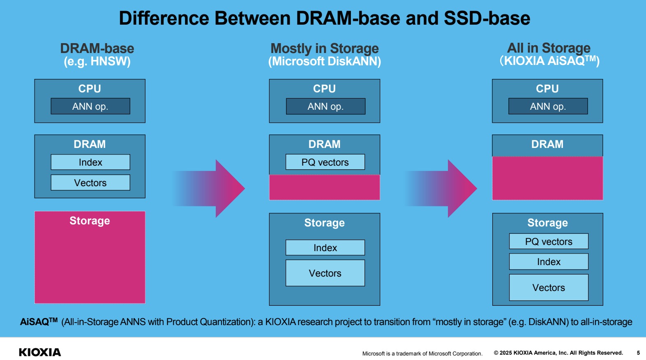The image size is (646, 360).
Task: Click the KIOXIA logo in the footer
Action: [x=40, y=352]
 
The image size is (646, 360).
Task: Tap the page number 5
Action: [x=638, y=353]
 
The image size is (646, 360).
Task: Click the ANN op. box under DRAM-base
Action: [x=90, y=106]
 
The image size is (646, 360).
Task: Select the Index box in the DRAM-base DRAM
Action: [x=90, y=162]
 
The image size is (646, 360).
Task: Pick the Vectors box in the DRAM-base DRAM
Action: [x=90, y=183]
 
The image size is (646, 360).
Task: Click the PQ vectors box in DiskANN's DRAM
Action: [x=325, y=162]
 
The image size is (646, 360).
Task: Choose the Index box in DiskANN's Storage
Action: [x=325, y=248]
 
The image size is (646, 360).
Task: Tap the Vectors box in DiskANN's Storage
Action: [x=325, y=273]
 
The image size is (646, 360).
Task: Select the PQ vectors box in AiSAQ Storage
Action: [x=549, y=242]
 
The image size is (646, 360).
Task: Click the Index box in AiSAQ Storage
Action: [x=549, y=262]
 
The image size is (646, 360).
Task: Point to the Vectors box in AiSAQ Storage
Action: [x=549, y=288]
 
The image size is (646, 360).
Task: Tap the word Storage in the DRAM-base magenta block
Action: [x=90, y=221]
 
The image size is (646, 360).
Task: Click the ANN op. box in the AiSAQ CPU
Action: [x=548, y=106]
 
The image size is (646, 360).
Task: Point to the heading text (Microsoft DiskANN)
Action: [x=325, y=62]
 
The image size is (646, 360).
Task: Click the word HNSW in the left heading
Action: [x=109, y=62]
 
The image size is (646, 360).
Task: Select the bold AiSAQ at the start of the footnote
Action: [x=35, y=322]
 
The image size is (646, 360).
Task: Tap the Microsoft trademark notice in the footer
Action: [x=422, y=353]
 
